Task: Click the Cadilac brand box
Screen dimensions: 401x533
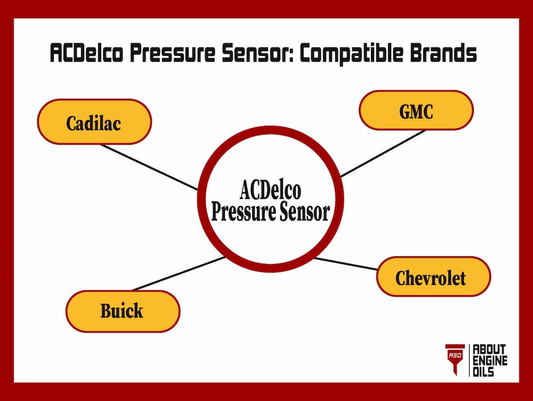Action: [94, 122]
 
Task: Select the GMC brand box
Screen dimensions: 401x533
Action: [416, 110]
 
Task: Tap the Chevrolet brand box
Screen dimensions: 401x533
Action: [433, 277]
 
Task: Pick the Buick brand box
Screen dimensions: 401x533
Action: [123, 310]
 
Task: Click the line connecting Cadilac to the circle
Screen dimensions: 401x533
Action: [149, 167]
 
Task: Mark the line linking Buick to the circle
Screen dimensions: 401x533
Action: [179, 274]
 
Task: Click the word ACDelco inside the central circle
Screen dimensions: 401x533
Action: [270, 190]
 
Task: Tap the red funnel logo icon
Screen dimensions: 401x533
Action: [455, 359]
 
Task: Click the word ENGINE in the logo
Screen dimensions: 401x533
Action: [490, 361]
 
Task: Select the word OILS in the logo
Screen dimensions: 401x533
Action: [484, 372]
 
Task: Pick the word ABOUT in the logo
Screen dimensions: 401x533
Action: [490, 349]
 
